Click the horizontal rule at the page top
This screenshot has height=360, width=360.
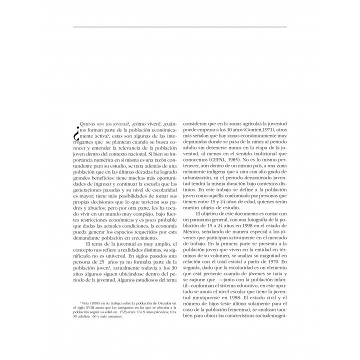tap(179, 26)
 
